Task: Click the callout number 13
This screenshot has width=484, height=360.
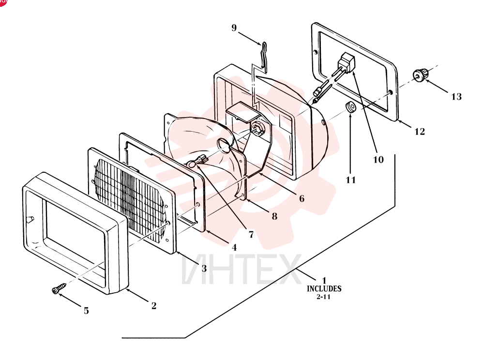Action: [456, 97]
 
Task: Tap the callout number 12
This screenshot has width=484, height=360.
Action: [420, 132]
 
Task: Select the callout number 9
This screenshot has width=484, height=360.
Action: [234, 28]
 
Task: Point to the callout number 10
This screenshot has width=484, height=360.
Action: [378, 160]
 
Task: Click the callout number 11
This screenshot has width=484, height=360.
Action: [350, 180]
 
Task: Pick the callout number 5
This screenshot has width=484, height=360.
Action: [86, 311]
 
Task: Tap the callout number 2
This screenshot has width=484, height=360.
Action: [154, 306]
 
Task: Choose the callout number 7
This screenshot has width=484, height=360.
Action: [251, 235]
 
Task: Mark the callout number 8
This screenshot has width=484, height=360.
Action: [274, 216]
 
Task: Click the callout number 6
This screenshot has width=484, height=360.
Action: [302, 198]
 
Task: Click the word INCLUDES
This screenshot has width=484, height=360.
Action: [324, 289]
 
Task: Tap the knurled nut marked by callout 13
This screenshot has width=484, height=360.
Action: [421, 75]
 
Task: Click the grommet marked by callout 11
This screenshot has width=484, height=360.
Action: [350, 107]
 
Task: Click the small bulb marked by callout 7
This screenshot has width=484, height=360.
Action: [198, 161]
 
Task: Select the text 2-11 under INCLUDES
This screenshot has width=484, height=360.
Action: [323, 297]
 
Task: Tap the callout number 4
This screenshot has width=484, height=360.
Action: [234, 247]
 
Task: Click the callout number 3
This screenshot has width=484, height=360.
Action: [204, 269]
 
